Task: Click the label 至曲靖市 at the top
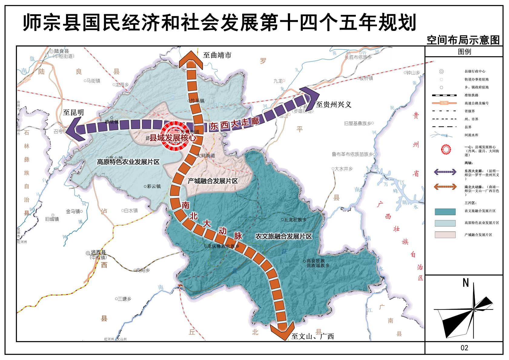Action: click(217, 55)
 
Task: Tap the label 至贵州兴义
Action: click(333, 105)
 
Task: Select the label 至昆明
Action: click(73, 113)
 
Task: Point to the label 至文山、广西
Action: click(312, 336)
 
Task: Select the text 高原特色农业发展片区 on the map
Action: click(128, 162)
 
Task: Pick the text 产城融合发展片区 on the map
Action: click(213, 181)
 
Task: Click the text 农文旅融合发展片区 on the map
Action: click(283, 236)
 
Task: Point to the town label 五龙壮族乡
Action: click(295, 220)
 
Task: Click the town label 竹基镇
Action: click(197, 101)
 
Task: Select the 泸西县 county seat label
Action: click(98, 253)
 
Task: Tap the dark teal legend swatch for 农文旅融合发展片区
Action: click(445, 211)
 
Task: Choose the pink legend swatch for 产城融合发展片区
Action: click(445, 235)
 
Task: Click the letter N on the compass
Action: click(466, 283)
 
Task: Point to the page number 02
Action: click(464, 348)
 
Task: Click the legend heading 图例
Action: click(464, 51)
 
